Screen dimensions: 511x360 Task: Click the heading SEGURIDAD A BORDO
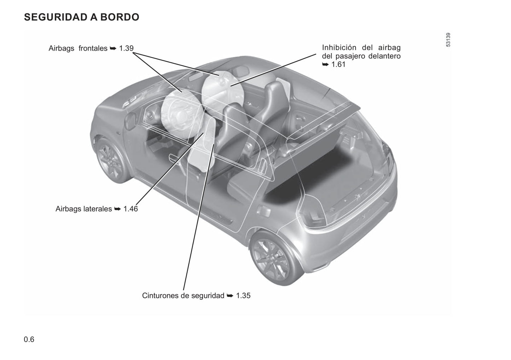pyautogui.click(x=81, y=17)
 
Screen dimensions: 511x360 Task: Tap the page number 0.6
pyautogui.click(x=29, y=339)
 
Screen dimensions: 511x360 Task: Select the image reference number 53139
pyautogui.click(x=448, y=40)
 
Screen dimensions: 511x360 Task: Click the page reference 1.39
pyautogui.click(x=126, y=48)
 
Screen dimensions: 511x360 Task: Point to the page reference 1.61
pyautogui.click(x=338, y=65)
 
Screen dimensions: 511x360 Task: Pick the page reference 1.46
pyautogui.click(x=130, y=209)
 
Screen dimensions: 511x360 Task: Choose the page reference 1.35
pyautogui.click(x=243, y=295)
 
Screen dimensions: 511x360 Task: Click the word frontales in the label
pyautogui.click(x=93, y=48)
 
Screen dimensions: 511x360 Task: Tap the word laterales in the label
pyautogui.click(x=97, y=209)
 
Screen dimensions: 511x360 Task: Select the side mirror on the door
pyautogui.click(x=130, y=120)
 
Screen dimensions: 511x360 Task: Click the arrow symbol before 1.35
pyautogui.click(x=230, y=296)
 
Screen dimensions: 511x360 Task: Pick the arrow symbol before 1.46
pyautogui.click(x=117, y=209)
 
